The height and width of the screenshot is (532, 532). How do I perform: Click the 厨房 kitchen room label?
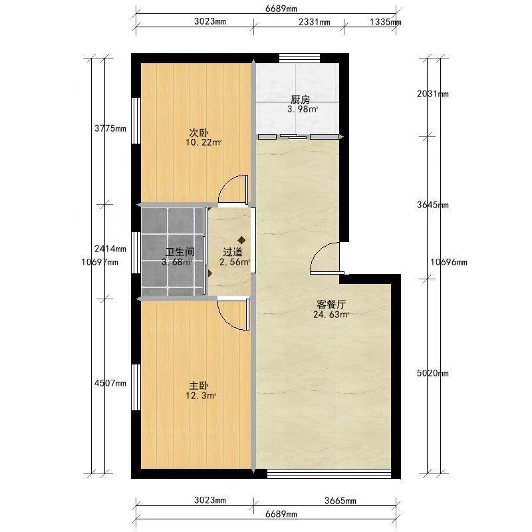coord(301,100)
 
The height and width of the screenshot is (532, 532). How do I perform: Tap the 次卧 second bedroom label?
coord(199,132)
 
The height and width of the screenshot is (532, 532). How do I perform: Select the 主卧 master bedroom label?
coord(199,386)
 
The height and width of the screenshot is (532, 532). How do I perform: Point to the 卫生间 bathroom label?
coord(180,252)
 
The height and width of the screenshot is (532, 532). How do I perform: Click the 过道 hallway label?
coord(233,252)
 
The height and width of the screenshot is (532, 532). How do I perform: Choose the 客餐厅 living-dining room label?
coord(331,305)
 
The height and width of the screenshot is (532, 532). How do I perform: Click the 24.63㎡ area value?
coord(331,315)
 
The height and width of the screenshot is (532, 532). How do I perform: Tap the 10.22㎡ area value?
coord(203,142)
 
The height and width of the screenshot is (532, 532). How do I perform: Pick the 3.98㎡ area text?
coord(303,109)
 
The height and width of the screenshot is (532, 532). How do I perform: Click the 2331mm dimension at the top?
coord(314,22)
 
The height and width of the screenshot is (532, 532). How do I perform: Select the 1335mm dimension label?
coord(386,22)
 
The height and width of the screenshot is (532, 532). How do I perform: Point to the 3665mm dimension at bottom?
coord(340,501)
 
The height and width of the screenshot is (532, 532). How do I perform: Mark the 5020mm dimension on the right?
coord(433,374)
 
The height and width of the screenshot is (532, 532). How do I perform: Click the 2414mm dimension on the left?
coord(110,249)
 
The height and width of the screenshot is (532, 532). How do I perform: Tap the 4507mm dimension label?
coord(110,384)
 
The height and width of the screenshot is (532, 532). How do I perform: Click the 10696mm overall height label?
coord(448,262)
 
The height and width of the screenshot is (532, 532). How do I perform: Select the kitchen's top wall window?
coord(300,59)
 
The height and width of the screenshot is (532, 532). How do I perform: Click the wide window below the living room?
coord(329,473)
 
